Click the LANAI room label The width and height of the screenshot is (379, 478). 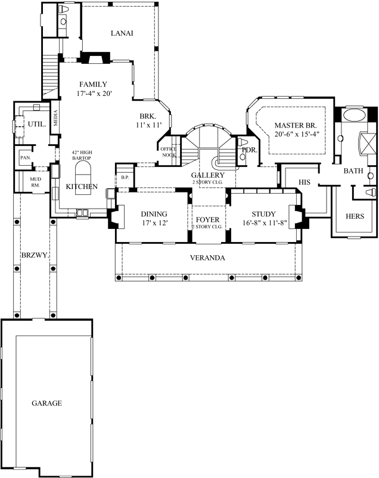click(122, 33)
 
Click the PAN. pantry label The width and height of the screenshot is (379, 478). click(25, 157)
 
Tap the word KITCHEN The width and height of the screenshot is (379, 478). click(82, 187)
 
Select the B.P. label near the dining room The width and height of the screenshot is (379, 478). click(125, 177)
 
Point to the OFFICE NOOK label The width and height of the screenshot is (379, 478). click(169, 152)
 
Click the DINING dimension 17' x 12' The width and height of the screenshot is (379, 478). click(154, 225)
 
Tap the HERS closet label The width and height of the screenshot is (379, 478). click(355, 216)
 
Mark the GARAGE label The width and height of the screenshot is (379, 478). click(46, 403)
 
